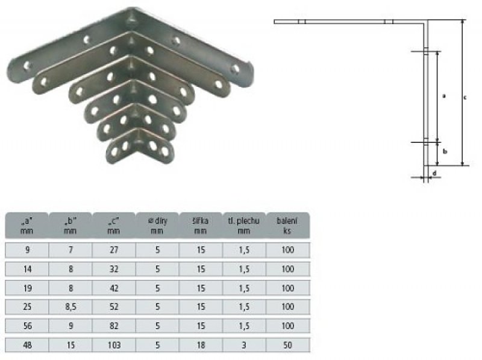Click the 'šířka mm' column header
(201, 226)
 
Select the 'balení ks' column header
(288, 226)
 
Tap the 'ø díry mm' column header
(157, 226)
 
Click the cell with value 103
(114, 345)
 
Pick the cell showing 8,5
(70, 307)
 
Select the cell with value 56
(27, 326)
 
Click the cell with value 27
(114, 250)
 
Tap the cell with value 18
(201, 345)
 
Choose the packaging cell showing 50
(288, 345)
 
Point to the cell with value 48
(27, 345)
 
